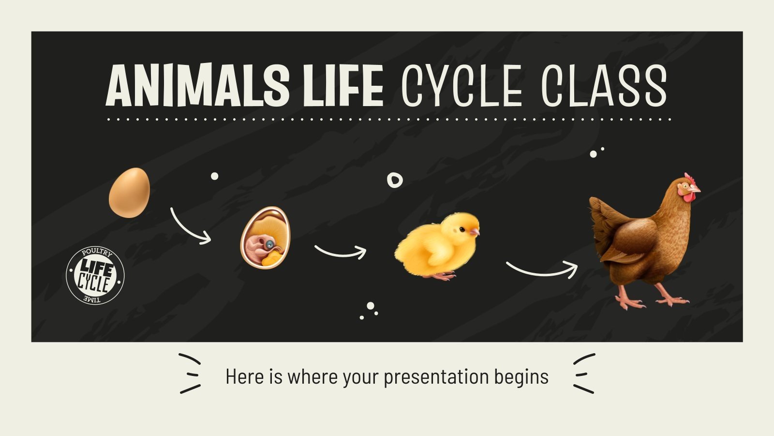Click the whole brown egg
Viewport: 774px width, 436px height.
pyautogui.click(x=129, y=192)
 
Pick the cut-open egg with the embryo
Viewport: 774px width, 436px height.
pyautogui.click(x=266, y=237)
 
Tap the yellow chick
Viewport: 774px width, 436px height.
pyautogui.click(x=438, y=246)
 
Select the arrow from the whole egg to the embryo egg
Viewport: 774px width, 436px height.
pyautogui.click(x=190, y=226)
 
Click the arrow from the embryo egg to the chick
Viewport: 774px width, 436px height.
pyautogui.click(x=341, y=252)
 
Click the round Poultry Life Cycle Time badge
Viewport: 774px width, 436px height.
pyautogui.click(x=95, y=276)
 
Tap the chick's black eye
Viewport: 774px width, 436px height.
pyautogui.click(x=462, y=229)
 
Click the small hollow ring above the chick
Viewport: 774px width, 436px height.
pyautogui.click(x=395, y=180)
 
